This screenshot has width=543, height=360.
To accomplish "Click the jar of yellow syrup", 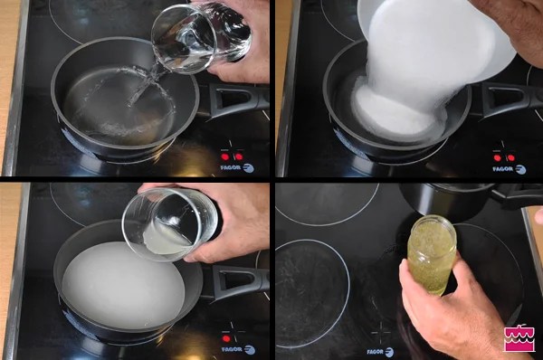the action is point(432,254).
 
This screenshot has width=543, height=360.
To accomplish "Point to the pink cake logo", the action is point(519,338).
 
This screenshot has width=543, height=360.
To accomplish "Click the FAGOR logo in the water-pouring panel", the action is point(237,168).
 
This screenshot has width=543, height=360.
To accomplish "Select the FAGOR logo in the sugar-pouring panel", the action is point(510,169).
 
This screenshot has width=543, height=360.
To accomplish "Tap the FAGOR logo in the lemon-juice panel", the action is point(238,350).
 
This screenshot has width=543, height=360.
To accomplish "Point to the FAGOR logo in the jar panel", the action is point(380,352).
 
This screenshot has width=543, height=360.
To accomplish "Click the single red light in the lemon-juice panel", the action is point(226,338).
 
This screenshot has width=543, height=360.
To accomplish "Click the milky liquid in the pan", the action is point(123,285).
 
